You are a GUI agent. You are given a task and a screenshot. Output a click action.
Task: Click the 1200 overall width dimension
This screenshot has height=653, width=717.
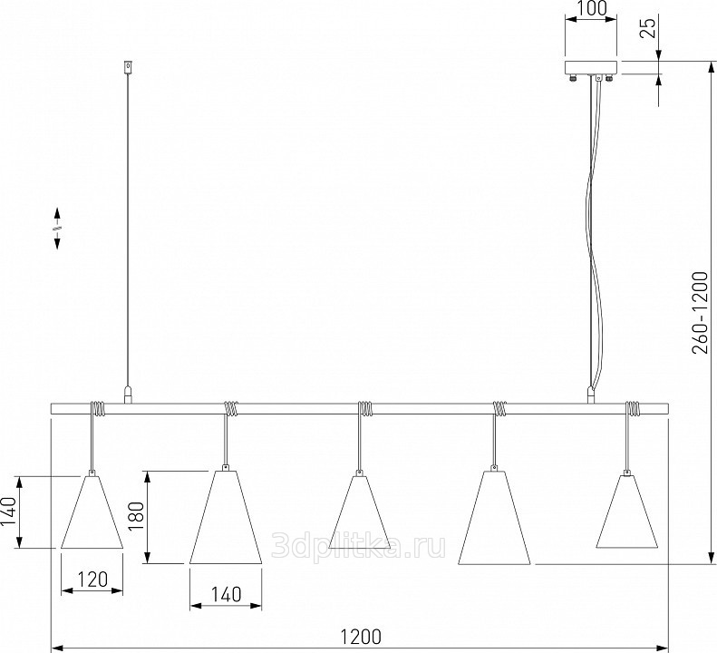click(361, 636)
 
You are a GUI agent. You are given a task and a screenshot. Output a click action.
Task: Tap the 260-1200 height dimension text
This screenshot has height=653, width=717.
click(700, 313)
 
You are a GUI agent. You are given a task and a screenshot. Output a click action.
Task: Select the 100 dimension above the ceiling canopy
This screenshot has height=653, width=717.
click(592, 8)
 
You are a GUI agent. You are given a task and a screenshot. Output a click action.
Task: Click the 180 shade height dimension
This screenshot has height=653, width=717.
click(136, 516)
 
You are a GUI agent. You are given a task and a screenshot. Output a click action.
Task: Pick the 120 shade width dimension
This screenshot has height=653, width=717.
click(92, 580)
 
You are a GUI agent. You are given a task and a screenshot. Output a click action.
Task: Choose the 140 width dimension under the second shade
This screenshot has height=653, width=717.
click(226, 594)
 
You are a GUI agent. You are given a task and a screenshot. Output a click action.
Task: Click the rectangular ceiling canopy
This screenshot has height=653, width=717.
click(591, 67)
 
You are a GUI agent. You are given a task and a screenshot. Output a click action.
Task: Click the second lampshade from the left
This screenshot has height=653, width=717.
click(226, 517)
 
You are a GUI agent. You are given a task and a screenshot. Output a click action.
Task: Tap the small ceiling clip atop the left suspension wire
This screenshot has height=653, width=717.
click(129, 67)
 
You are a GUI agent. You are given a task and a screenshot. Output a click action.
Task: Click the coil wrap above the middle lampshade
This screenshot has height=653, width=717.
click(364, 409)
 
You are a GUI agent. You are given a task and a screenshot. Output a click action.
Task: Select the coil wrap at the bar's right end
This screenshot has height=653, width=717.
click(633, 409)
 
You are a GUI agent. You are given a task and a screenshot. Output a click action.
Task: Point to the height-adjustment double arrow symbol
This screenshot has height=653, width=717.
click(58, 229)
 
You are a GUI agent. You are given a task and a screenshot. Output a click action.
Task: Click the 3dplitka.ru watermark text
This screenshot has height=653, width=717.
click(359, 545)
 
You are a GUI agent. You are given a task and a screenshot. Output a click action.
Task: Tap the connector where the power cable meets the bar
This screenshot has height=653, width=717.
click(591, 395)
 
